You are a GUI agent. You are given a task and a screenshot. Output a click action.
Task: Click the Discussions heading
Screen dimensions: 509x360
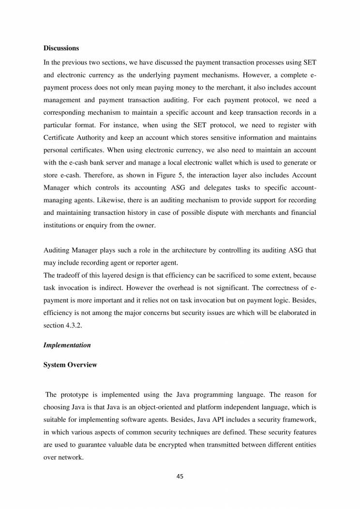pyautogui.click(x=61, y=48)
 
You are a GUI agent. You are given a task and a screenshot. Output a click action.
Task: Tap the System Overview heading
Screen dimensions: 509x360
pyautogui.click(x=70, y=365)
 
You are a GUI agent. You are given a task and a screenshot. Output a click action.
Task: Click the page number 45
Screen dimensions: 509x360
pyautogui.click(x=180, y=476)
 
